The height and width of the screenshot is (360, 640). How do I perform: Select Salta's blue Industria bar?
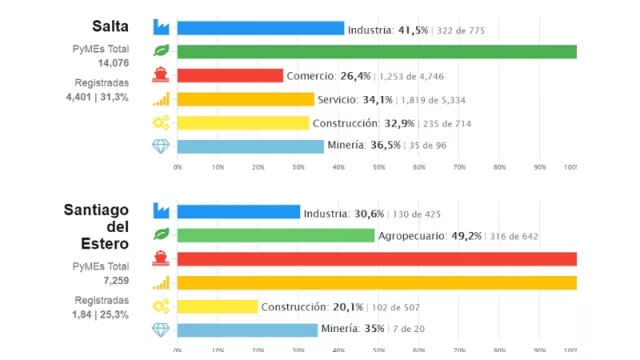(260, 30)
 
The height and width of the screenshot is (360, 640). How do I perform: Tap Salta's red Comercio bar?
(230, 76)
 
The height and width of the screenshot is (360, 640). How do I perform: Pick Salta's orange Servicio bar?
(245, 99)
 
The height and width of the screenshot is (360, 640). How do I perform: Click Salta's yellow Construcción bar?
(243, 123)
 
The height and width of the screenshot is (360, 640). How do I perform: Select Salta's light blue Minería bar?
(250, 146)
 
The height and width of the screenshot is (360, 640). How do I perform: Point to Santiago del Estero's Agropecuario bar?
(276, 236)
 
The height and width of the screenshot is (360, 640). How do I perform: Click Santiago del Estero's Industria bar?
(238, 212)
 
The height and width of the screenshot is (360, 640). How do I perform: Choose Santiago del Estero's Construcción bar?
(217, 306)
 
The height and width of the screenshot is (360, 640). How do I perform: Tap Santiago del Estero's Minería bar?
(247, 329)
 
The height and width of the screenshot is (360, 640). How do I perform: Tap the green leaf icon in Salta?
(160, 53)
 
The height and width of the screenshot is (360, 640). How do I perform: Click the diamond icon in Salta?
(160, 146)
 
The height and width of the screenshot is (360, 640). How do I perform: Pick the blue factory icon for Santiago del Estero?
(160, 212)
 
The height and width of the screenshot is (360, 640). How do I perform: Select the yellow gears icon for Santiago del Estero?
(160, 306)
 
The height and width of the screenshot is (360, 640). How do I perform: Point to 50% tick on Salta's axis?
(378, 167)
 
